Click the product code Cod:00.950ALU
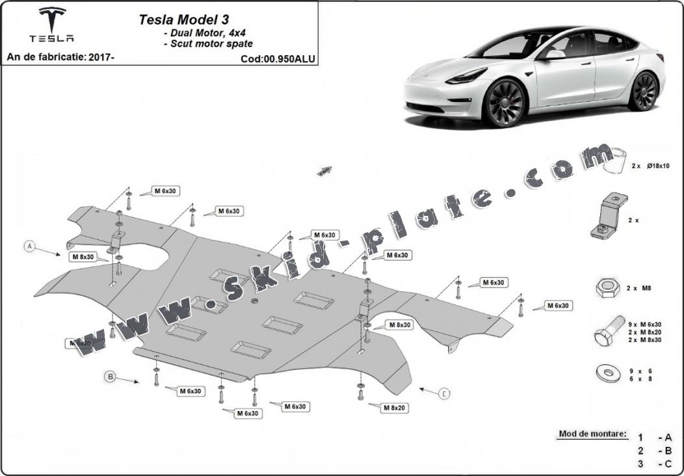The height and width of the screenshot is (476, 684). tap(278, 59)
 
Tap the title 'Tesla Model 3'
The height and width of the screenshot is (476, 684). tap(183, 20)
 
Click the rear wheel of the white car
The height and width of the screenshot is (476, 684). tap(644, 91)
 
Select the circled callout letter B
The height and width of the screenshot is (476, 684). tap(111, 376)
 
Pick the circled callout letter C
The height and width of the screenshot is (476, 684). tap(444, 393)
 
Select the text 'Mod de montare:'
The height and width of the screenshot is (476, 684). tap(593, 434)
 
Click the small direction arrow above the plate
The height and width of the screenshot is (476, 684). tap(324, 170)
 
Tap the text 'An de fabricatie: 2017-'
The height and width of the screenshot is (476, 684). tap(60, 57)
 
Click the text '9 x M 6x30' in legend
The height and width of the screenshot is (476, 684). tap(646, 324)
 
